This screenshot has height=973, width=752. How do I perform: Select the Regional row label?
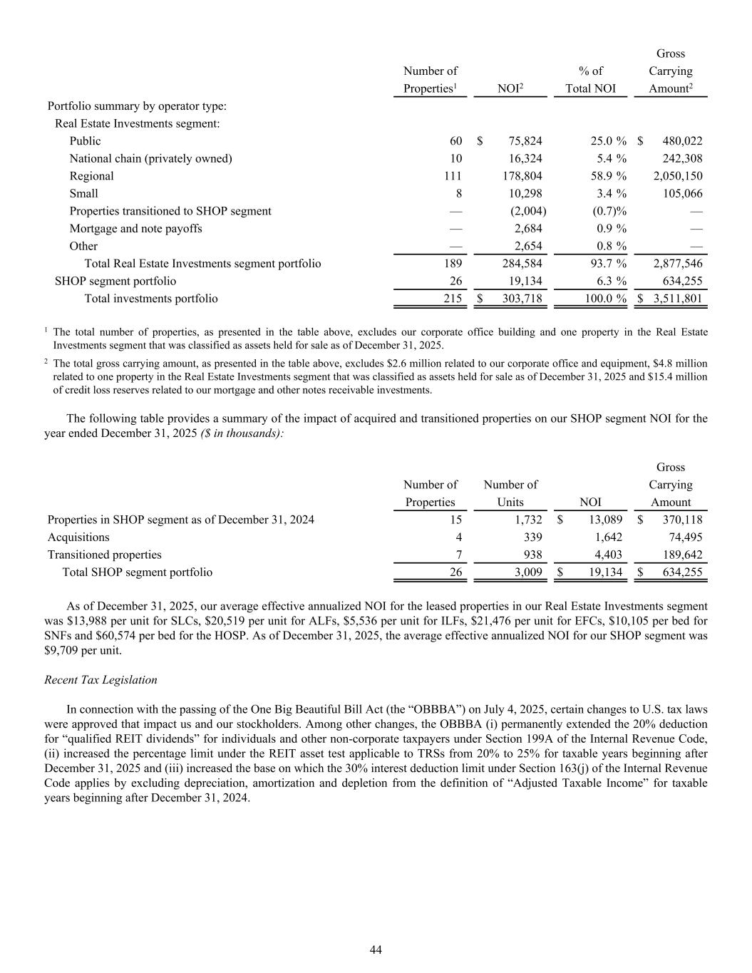click(x=91, y=176)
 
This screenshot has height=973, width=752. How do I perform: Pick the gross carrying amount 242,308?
click(x=682, y=158)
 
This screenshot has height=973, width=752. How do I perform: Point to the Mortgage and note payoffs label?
click(x=135, y=229)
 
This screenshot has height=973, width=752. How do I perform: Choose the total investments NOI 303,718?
click(x=522, y=299)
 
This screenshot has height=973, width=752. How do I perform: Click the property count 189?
click(x=453, y=264)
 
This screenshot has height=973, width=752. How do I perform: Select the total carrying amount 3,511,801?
click(x=677, y=299)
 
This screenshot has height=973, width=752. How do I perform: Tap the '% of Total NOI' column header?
click(x=590, y=80)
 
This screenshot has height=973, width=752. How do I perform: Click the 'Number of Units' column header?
click(x=510, y=493)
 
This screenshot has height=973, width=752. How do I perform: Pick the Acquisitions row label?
click(x=78, y=537)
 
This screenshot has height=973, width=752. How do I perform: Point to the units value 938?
click(x=532, y=555)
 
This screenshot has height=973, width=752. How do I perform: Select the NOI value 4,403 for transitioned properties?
click(x=608, y=555)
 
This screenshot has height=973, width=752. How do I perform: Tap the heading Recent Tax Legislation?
click(x=101, y=680)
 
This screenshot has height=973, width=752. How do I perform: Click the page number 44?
click(x=376, y=949)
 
